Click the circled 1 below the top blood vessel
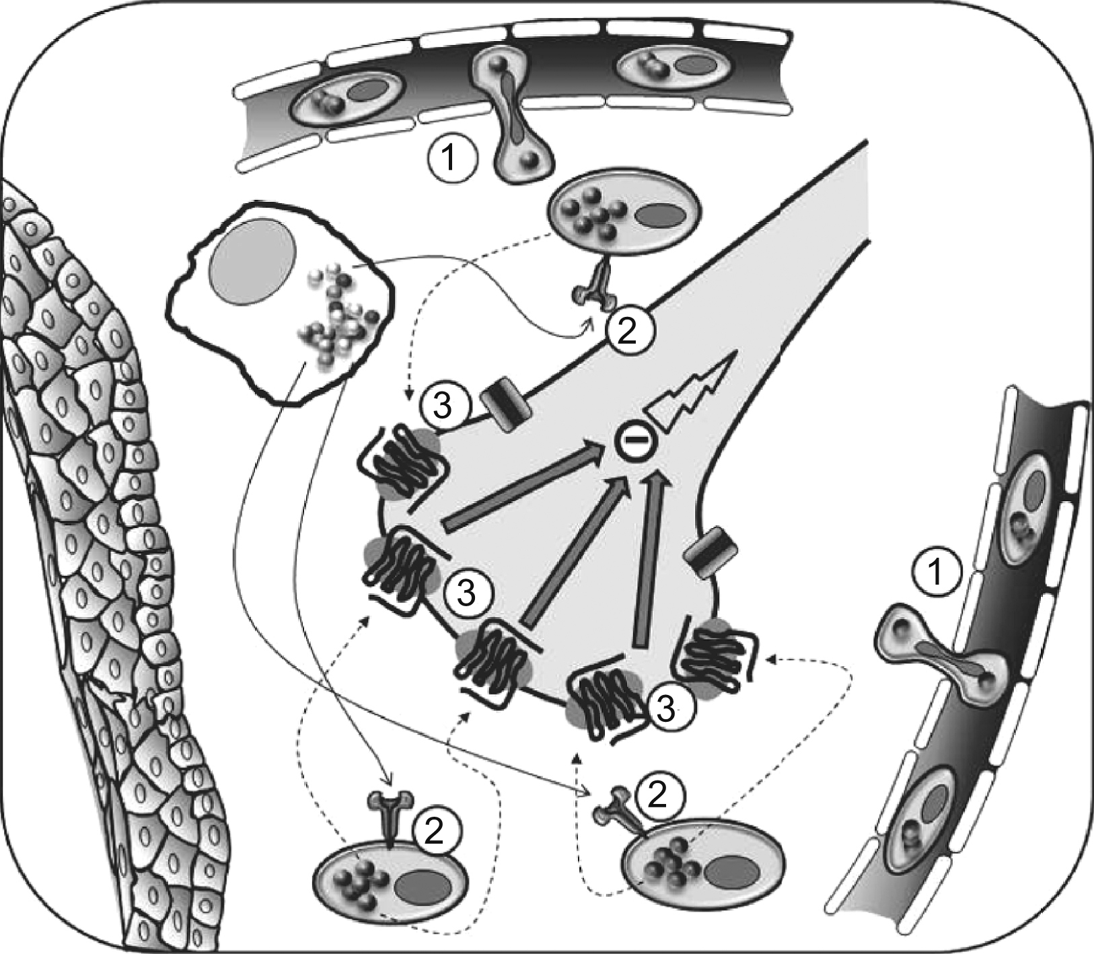(x=451, y=159)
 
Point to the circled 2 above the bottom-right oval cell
(x=657, y=795)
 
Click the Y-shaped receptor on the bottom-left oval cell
(x=391, y=814)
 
